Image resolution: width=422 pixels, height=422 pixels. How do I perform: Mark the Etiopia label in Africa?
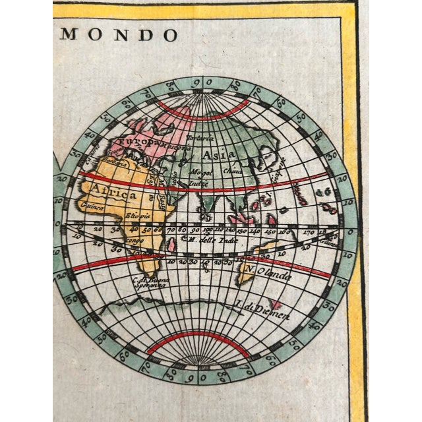[139, 215]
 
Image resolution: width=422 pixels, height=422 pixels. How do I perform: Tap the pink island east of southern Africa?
[173, 245]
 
